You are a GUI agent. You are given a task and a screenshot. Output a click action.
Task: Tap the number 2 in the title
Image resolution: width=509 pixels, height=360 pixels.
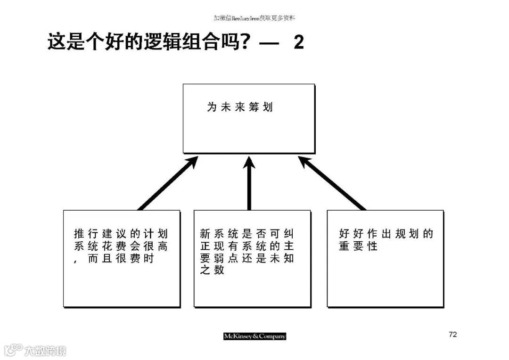click(x=298, y=42)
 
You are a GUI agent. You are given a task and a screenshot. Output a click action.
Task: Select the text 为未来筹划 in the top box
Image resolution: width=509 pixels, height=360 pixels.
click(x=240, y=107)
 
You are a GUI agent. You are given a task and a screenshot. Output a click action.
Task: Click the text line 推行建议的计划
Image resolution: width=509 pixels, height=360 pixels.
click(x=121, y=234)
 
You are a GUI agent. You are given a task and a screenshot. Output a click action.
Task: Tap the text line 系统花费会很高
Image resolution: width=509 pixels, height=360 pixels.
click(x=121, y=246)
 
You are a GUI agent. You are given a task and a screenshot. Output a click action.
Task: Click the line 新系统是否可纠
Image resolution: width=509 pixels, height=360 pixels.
click(x=247, y=234)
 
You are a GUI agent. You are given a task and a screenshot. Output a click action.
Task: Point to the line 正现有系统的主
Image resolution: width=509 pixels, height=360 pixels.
click(x=247, y=246)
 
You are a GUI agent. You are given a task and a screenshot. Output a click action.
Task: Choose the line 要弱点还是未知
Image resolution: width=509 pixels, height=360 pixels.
click(x=247, y=259)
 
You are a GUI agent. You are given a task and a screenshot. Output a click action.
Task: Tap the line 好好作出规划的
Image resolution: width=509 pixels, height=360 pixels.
click(x=386, y=234)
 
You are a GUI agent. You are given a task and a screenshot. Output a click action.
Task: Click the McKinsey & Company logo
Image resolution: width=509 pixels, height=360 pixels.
click(x=254, y=336)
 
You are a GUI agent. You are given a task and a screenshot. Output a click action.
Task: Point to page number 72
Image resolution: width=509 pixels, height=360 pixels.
click(x=453, y=335)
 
